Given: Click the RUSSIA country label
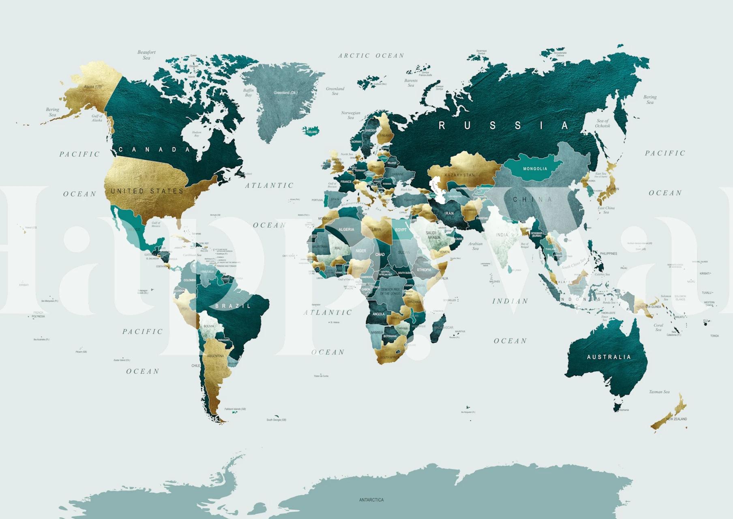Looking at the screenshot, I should pyautogui.click(x=503, y=126).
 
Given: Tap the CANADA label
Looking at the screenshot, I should pyautogui.click(x=154, y=150).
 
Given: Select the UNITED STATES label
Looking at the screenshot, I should pyautogui.click(x=147, y=191).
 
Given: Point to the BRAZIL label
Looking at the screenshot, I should pyautogui.click(x=233, y=306).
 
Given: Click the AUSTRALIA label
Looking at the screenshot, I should pyautogui.click(x=609, y=357).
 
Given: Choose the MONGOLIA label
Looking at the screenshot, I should pyautogui.click(x=535, y=169).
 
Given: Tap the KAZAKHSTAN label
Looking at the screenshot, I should pyautogui.click(x=459, y=175).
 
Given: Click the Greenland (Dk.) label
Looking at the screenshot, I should pyautogui.click(x=285, y=93).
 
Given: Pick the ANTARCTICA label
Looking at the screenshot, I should pyautogui.click(x=371, y=500).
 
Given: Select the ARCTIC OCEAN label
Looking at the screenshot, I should pyautogui.click(x=371, y=56).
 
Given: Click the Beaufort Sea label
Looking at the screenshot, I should pyautogui.click(x=146, y=55).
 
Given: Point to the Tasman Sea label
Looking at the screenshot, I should pyautogui.click(x=659, y=392).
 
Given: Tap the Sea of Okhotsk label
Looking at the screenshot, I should pyautogui.click(x=602, y=123).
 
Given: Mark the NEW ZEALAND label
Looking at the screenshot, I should pyautogui.click(x=676, y=419).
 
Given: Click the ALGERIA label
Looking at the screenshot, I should pyautogui.click(x=346, y=229).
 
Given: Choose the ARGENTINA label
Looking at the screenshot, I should pyautogui.click(x=215, y=356).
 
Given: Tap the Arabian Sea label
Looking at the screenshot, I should pyautogui.click(x=475, y=246).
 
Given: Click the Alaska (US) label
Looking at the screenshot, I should pyautogui.click(x=93, y=87).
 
